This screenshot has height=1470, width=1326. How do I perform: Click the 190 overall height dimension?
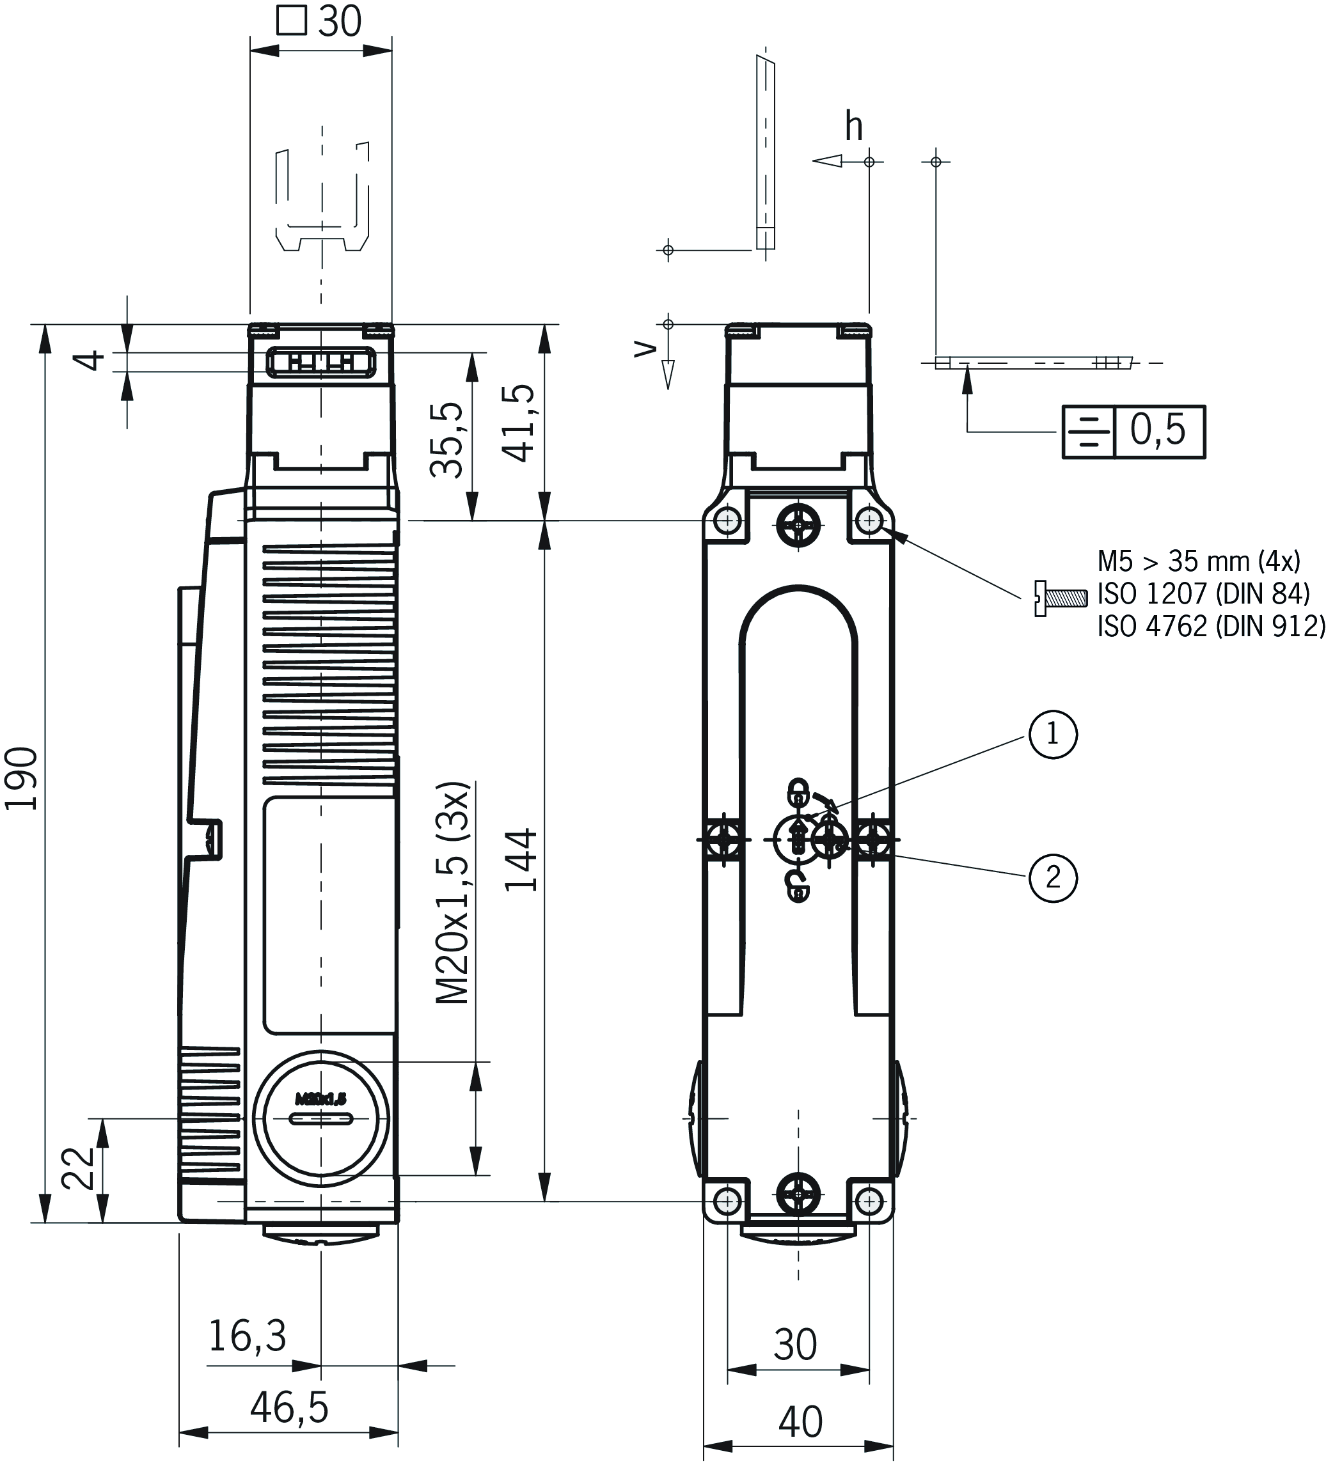tap(22, 779)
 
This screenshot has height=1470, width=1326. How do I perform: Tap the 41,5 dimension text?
tap(519, 424)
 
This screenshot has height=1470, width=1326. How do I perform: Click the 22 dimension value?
tap(79, 1169)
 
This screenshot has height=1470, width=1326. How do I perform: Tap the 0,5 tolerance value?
tap(1158, 430)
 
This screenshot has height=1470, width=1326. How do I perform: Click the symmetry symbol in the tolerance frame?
tap(1088, 431)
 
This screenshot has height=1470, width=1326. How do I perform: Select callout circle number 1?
tap(1052, 734)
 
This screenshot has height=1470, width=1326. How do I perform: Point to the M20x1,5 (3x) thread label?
tap(453, 894)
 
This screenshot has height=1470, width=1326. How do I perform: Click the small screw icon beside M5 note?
tap(1060, 598)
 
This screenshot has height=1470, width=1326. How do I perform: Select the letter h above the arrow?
tap(854, 127)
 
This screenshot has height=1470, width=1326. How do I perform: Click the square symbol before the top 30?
tap(292, 20)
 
